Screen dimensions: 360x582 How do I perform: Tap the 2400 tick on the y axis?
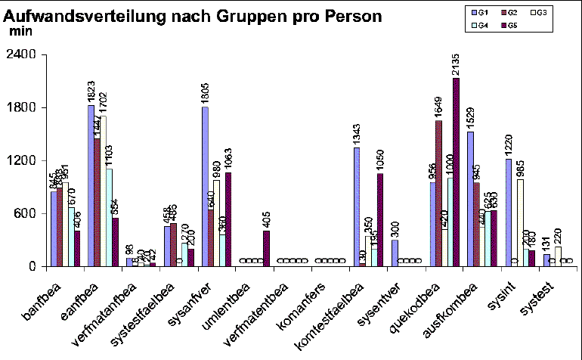23,55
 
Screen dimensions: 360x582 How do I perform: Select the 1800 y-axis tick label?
23,107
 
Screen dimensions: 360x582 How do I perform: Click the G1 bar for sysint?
508,213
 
